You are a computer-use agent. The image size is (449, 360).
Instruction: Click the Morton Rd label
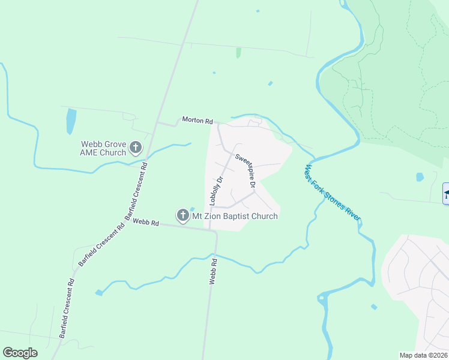click(197, 121)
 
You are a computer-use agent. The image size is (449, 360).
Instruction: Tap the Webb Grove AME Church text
click(104, 148)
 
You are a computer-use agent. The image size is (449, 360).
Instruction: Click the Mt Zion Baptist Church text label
click(235, 216)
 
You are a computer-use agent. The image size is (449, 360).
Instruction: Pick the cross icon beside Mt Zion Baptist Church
click(182, 215)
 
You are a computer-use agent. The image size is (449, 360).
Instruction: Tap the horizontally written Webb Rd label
click(146, 223)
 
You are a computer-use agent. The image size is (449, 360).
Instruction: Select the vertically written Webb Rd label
click(212, 271)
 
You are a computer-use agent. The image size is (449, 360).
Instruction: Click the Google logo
click(20, 353)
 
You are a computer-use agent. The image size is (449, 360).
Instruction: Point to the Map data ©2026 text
click(423, 355)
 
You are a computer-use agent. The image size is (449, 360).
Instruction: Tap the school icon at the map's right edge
click(445, 194)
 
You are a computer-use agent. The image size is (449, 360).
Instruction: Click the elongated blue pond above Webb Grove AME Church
click(71, 121)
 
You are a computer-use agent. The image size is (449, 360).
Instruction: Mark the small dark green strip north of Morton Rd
click(238, 53)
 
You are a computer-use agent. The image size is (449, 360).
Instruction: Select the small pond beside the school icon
click(420, 177)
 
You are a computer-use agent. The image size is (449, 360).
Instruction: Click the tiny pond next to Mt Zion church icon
click(192, 209)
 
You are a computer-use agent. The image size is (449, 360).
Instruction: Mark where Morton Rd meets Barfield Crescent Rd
click(157, 123)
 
